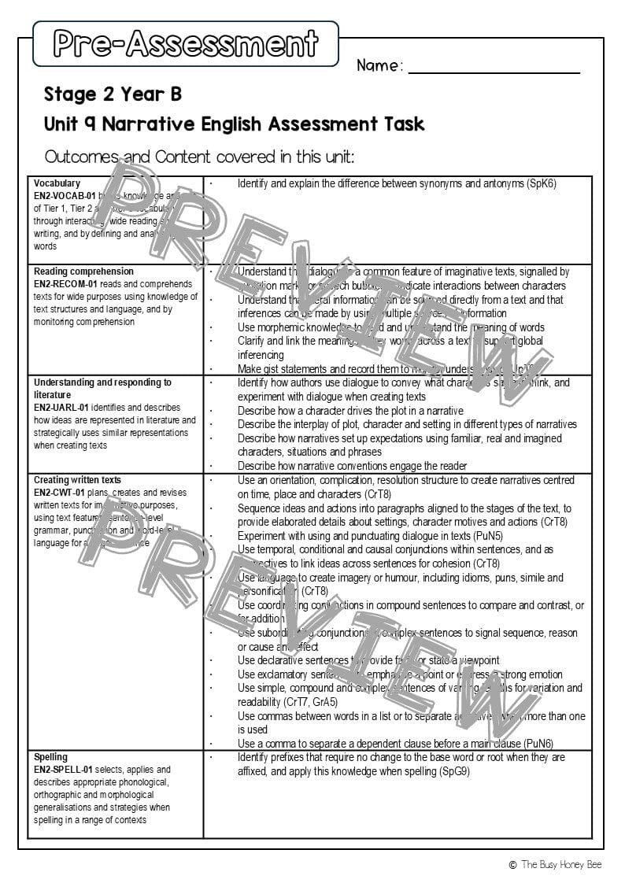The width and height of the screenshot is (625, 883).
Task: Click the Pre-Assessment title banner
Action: click(x=186, y=43)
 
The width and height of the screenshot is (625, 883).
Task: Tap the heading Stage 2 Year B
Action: click(x=113, y=94)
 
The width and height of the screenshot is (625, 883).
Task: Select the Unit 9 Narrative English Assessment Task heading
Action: click(x=234, y=124)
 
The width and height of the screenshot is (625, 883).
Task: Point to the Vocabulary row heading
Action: click(x=57, y=183)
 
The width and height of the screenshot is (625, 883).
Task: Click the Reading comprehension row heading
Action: click(x=83, y=272)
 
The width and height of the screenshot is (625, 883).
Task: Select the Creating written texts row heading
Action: click(x=79, y=480)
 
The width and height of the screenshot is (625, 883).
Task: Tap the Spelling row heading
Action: click(x=50, y=757)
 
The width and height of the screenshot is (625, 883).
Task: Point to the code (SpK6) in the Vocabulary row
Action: click(x=542, y=183)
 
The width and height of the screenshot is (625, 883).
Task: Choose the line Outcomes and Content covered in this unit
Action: click(x=199, y=157)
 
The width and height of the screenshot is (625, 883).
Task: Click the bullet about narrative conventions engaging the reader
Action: click(x=352, y=466)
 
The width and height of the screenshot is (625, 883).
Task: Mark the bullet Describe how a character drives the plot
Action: click(x=350, y=411)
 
